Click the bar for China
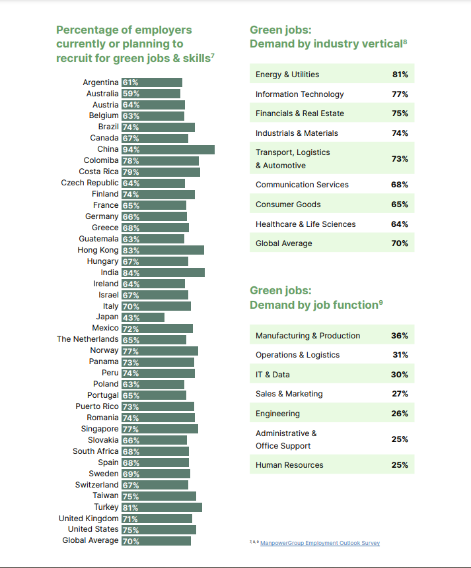168,150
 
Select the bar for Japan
143,317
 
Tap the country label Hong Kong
98,250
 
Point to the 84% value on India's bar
131,273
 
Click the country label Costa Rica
98,172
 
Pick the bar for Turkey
162,507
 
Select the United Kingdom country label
89,519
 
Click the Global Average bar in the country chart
156,541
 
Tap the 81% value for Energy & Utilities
400,75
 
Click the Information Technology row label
299,94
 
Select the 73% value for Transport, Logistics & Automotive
400,159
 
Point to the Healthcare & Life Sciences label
305,224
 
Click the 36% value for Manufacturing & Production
400,336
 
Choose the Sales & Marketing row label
289,394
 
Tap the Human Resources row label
289,465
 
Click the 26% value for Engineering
400,414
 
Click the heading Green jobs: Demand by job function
316,298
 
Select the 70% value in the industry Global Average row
400,243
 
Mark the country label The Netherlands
88,339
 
